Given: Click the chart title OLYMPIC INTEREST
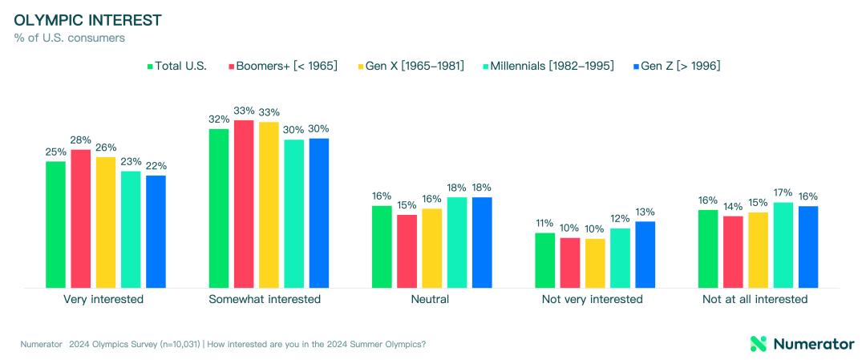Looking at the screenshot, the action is [x=88, y=20].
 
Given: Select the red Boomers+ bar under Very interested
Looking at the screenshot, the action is [x=81, y=219].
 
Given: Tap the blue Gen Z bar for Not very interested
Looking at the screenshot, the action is [x=645, y=254].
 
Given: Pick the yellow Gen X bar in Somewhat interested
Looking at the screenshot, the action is [x=269, y=204].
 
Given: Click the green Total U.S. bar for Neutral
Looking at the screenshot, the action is [x=382, y=247].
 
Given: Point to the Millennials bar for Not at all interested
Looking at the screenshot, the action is [x=783, y=245].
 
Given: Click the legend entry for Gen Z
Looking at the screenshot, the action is [x=677, y=67].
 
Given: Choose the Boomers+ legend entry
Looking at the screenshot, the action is [x=283, y=67].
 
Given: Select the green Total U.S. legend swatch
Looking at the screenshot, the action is [x=150, y=67].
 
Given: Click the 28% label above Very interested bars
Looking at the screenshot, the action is [x=81, y=140].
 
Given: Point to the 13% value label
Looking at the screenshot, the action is [x=645, y=212].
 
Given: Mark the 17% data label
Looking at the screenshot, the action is [x=783, y=192].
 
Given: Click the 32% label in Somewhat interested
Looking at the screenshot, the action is [x=219, y=119].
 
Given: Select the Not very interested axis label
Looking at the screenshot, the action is [x=595, y=300].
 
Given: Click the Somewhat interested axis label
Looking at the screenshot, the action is [x=265, y=300].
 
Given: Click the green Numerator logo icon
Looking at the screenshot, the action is [x=759, y=343].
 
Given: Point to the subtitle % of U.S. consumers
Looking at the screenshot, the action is [x=69, y=38].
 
